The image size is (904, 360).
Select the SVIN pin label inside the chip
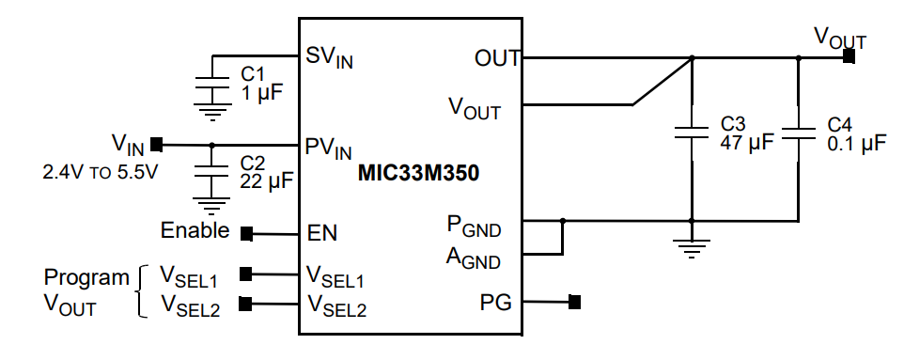point(329,57)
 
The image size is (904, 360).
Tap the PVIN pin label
point(329,149)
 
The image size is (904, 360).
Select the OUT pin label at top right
point(497,58)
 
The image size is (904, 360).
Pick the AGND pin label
point(473,257)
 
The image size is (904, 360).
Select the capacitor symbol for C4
point(798,134)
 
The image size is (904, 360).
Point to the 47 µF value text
point(746,143)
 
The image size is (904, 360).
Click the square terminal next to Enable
point(247,233)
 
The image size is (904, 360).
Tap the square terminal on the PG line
point(575,303)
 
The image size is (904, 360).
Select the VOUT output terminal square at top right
point(849,57)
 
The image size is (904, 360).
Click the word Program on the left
point(86,277)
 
